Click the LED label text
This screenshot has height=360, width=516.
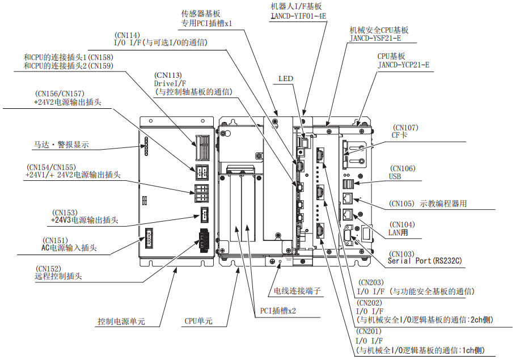pyautogui.click(x=286, y=78)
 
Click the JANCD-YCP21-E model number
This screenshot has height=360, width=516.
pyautogui.click(x=403, y=65)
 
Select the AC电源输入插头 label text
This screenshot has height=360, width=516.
pyautogui.click(x=69, y=248)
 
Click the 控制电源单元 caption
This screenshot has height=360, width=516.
pyautogui.click(x=121, y=321)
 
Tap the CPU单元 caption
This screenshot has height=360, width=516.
pyautogui.click(x=198, y=321)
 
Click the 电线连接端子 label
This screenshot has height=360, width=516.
pyautogui.click(x=298, y=291)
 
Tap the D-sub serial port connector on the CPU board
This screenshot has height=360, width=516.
pyautogui.click(x=348, y=236)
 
